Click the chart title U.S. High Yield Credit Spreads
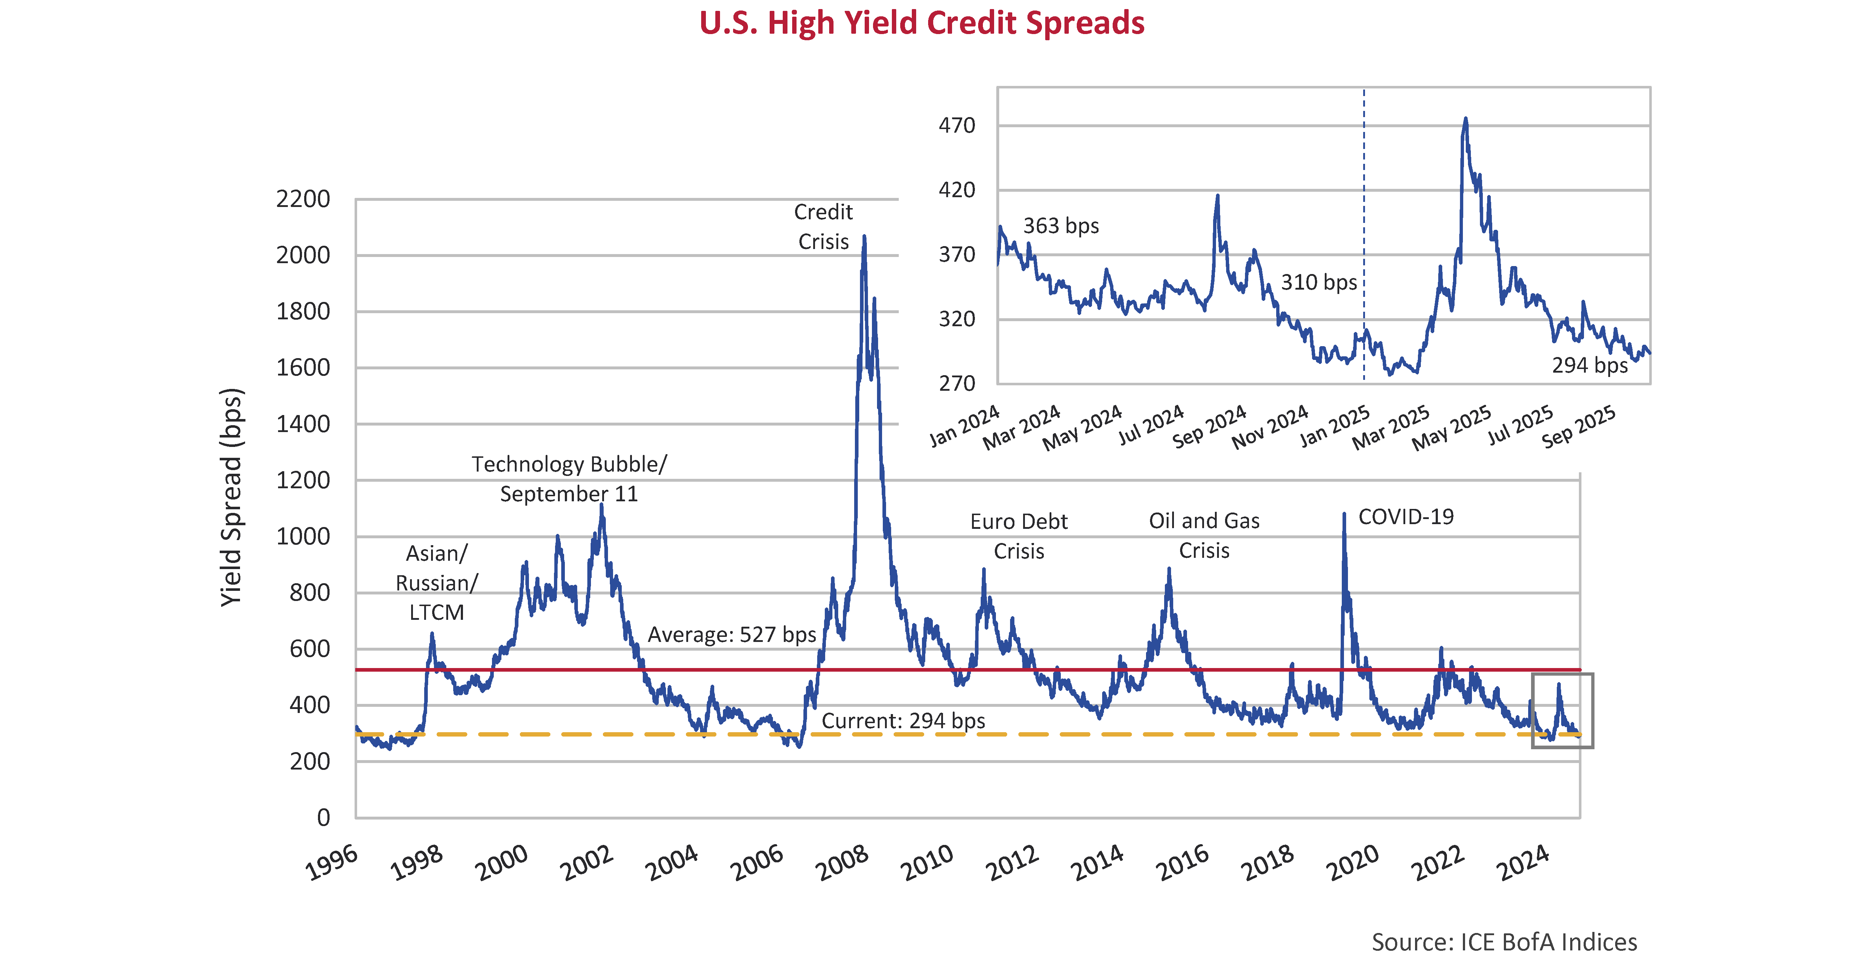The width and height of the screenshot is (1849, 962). tap(922, 23)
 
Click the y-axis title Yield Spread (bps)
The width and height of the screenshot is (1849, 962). tap(232, 497)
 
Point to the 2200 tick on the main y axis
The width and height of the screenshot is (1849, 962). tap(303, 199)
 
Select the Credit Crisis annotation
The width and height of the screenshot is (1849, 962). tap(823, 227)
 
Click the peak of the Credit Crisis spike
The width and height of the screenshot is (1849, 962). tap(864, 237)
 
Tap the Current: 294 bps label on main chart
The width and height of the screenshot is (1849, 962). tap(903, 720)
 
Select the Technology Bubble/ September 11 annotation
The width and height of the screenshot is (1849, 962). tap(568, 478)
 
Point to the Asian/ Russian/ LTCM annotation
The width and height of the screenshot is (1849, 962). tap(437, 582)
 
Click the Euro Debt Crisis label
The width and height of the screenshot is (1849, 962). tap(1018, 536)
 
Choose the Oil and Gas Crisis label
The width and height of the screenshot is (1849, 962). tap(1204, 535)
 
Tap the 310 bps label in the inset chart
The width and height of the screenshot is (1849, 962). tap(1319, 283)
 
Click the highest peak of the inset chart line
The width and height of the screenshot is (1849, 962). tap(1465, 119)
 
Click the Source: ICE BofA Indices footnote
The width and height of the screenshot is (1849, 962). tap(1504, 941)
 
